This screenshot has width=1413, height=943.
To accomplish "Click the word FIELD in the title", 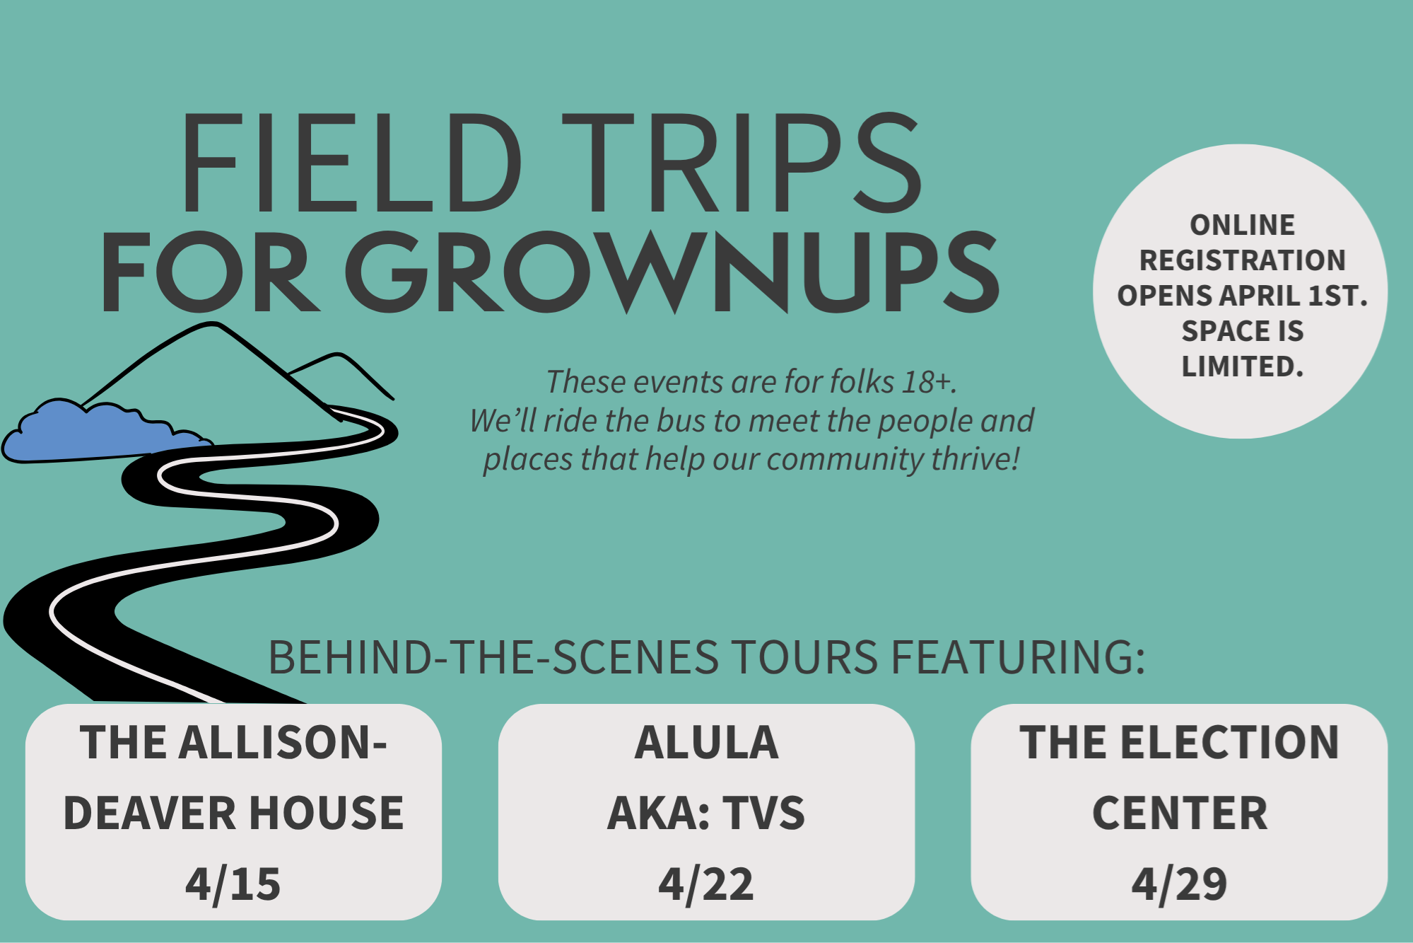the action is point(352,163).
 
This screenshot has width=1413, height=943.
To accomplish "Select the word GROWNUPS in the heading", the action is point(672,272).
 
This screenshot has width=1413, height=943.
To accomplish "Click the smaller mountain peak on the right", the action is point(338,354).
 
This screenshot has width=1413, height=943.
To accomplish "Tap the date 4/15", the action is point(233,884).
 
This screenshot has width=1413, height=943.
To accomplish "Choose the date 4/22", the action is point(706,884).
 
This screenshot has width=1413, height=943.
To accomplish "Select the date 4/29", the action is point(1179,884).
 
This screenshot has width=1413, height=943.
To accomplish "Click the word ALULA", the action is point(706,743).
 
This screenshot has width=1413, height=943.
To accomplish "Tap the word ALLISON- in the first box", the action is point(283,743).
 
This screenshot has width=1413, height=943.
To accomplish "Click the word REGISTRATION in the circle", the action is point(1242,260).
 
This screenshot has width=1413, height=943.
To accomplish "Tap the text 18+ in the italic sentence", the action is point(929,382).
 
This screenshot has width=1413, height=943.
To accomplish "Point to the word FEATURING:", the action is point(1017,657).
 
